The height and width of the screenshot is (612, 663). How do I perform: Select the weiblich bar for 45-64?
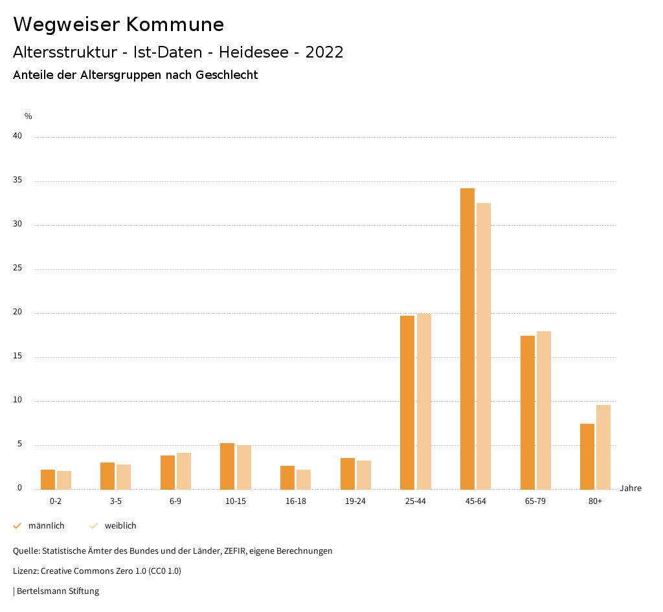(484, 346)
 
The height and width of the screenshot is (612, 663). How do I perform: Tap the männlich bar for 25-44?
(407, 402)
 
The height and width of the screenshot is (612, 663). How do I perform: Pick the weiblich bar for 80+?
(603, 447)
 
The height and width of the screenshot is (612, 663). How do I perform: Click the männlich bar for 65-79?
(528, 412)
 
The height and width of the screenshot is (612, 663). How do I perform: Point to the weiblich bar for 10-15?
(244, 467)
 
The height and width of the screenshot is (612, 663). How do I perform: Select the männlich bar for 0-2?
(48, 479)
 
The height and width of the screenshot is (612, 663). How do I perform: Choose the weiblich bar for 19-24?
(364, 475)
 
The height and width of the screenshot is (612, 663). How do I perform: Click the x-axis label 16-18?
(296, 501)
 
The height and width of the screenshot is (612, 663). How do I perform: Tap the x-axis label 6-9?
(175, 501)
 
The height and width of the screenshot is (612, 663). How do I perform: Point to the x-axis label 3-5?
(116, 501)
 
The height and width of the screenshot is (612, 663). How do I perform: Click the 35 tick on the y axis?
(17, 180)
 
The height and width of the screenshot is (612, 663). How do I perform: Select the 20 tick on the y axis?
(17, 312)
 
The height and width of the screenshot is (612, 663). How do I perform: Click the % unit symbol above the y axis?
(28, 116)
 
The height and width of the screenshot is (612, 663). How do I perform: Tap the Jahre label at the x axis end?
(630, 488)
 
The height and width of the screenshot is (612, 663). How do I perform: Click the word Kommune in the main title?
(175, 25)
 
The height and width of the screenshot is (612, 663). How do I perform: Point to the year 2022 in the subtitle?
(324, 52)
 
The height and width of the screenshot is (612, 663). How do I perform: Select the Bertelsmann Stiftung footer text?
(58, 591)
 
